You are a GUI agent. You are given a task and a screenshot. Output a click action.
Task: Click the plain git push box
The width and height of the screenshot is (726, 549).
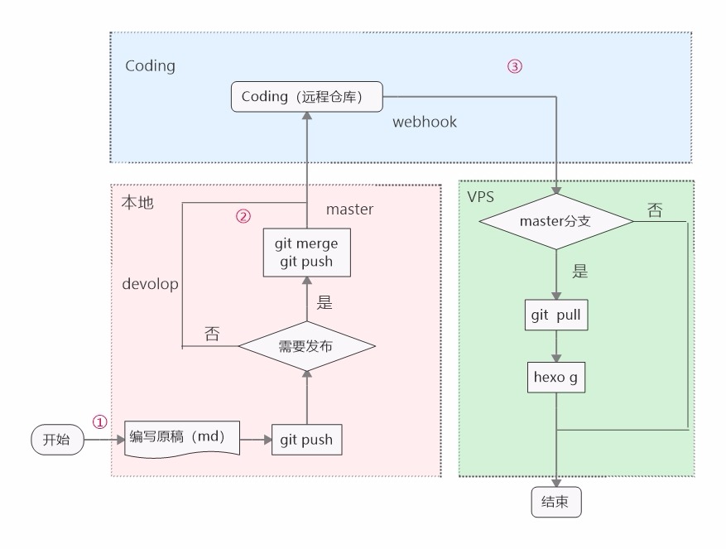306,440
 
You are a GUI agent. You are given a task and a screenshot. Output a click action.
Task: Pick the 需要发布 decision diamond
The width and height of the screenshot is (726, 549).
305,346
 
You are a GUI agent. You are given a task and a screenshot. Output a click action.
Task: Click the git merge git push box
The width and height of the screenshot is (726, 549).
305,253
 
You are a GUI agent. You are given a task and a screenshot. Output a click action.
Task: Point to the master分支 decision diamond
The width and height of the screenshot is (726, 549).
556,221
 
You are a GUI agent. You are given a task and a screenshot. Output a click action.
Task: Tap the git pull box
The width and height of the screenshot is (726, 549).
556,315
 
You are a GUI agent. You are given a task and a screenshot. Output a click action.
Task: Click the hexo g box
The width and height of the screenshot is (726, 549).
556,378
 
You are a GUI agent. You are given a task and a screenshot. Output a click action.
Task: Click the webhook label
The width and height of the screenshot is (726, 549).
425,122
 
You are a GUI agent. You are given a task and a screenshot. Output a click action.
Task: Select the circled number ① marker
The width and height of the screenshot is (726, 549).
100,421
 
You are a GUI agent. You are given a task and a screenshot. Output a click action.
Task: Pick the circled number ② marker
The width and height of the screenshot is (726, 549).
243,216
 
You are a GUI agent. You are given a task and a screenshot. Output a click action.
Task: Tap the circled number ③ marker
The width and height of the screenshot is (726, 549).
514,66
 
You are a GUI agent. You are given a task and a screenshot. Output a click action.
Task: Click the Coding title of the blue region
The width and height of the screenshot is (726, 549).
150,66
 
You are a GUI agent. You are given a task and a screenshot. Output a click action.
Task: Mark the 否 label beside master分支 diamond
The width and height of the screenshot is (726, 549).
654,210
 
